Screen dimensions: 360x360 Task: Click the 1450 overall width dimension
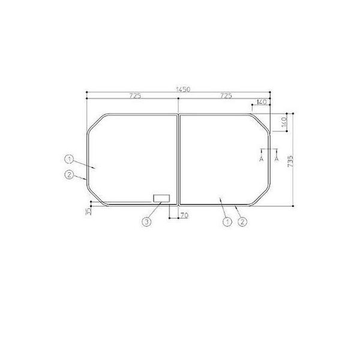[x=183, y=89]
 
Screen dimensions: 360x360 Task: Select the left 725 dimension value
[x=135, y=96]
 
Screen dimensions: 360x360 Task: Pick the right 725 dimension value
[x=226, y=96]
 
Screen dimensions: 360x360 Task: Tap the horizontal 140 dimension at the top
[x=262, y=102]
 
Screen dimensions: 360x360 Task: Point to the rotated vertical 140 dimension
[x=284, y=122]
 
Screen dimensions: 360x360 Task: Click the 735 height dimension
[x=290, y=161]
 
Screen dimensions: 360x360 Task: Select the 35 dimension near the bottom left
[x=88, y=211]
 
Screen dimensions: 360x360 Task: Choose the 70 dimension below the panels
[x=184, y=215]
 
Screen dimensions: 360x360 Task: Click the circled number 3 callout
[x=146, y=222]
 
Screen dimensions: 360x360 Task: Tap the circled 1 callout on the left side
[x=69, y=159]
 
